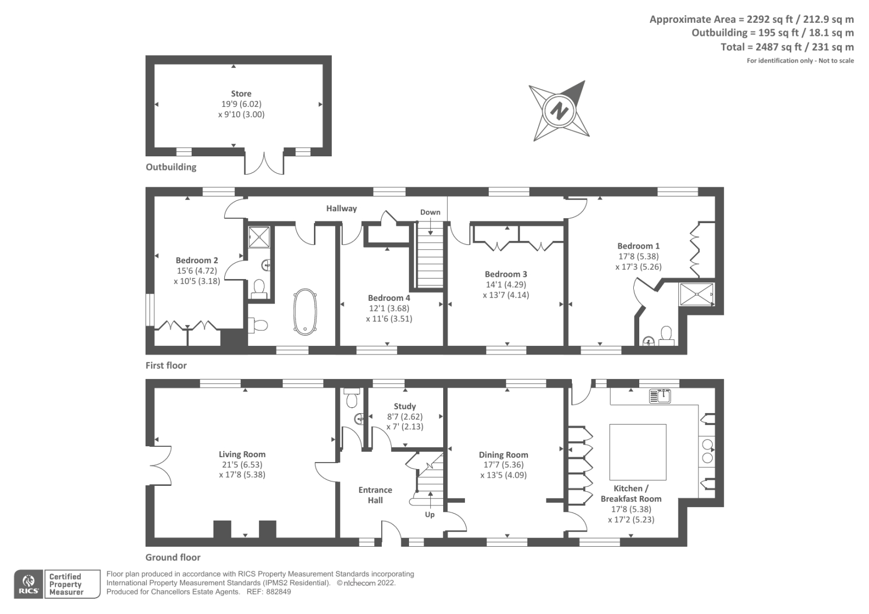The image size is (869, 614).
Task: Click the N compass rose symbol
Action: pos(559,111)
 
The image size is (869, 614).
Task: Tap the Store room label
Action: pos(241,93)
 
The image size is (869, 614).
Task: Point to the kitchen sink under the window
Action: pos(660,396)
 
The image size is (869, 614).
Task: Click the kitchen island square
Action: pos(638,450)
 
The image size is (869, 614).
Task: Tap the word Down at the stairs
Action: pos(430,212)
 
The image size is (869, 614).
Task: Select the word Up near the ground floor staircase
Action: pos(430,514)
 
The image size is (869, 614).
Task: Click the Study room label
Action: pos(405,406)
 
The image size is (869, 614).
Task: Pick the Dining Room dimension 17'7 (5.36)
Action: pos(503,465)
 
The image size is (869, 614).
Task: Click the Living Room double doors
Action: pos(159,466)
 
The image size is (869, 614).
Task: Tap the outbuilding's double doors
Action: pos(264,163)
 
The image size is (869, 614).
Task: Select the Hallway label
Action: pos(341,208)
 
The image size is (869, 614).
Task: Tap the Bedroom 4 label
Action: pos(389,297)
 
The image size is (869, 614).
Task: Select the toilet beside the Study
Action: pos(351,399)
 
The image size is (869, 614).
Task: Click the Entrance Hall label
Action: pos(375,495)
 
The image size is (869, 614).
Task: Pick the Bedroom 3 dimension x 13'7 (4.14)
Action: pos(506,295)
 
